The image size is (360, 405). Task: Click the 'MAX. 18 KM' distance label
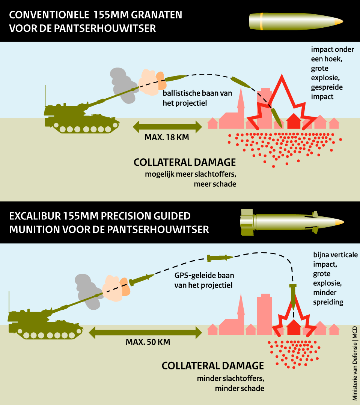pos(166,137)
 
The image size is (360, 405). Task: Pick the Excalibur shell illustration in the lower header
pos(291,222)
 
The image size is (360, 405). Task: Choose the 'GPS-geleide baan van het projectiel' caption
pos(204,280)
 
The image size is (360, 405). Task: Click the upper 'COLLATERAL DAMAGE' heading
pos(185,162)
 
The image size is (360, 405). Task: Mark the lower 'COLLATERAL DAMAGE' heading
pos(213,366)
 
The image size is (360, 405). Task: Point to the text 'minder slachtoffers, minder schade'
pos(230,383)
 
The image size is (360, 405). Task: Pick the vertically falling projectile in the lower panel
pos(293,296)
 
